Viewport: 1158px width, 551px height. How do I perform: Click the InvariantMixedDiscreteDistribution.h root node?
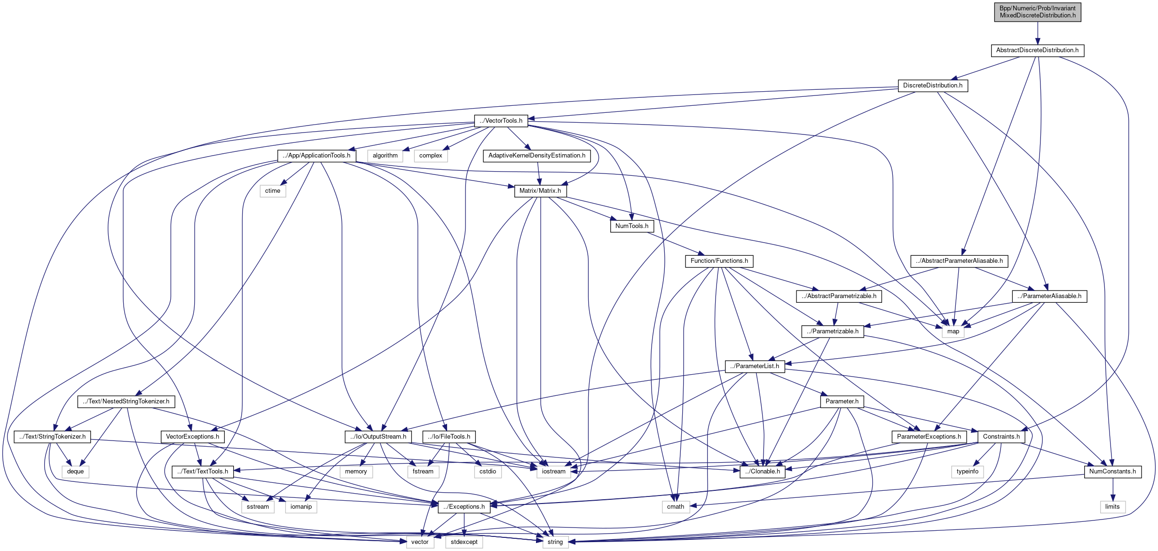click(1037, 12)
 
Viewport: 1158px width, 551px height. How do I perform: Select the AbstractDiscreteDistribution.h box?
click(1037, 50)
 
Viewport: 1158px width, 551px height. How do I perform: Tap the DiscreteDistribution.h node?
click(932, 86)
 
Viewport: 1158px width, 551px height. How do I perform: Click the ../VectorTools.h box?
click(501, 121)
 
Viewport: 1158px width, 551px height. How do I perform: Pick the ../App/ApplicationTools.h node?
click(316, 156)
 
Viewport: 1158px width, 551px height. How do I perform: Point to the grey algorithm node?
click(385, 156)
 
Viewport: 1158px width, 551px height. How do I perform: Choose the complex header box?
click(431, 156)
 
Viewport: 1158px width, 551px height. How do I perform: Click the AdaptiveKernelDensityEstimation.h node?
click(536, 156)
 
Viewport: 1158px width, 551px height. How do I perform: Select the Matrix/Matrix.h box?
click(540, 191)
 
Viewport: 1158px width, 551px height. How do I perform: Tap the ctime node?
click(273, 191)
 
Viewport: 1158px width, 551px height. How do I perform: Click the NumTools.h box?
click(631, 226)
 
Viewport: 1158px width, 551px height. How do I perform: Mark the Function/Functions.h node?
click(719, 261)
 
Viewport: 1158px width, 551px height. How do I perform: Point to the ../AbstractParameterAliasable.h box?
click(959, 261)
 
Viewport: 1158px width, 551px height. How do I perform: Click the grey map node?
click(953, 331)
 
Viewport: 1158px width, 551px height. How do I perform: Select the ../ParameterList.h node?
click(755, 366)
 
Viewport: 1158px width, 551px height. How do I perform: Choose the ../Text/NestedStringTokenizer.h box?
click(126, 401)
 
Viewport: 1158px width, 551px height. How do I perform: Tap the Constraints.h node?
click(1001, 437)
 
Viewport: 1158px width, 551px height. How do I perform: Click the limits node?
click(1112, 507)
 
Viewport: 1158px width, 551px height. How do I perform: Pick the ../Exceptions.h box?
click(464, 507)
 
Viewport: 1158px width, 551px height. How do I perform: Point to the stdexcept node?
click(464, 542)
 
